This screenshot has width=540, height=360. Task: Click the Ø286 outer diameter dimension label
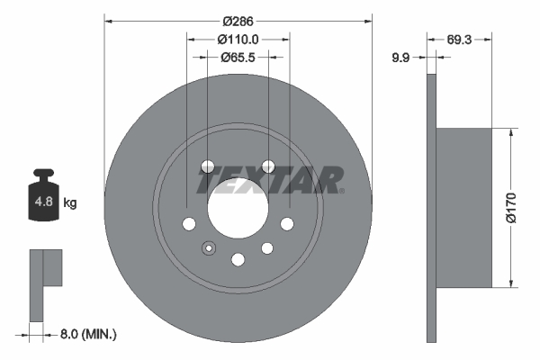tap(238, 18)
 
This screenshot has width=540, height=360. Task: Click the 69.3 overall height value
tap(460, 40)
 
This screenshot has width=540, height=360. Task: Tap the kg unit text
tap(70, 203)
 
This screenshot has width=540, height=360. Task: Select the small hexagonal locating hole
tap(208, 248)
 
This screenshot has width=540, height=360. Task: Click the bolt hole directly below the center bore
tap(238, 260)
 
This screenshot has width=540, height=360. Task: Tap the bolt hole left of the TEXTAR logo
tap(208, 166)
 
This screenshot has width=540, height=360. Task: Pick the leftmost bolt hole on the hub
tap(189, 224)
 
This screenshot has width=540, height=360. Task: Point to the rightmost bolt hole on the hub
tap(287, 224)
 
